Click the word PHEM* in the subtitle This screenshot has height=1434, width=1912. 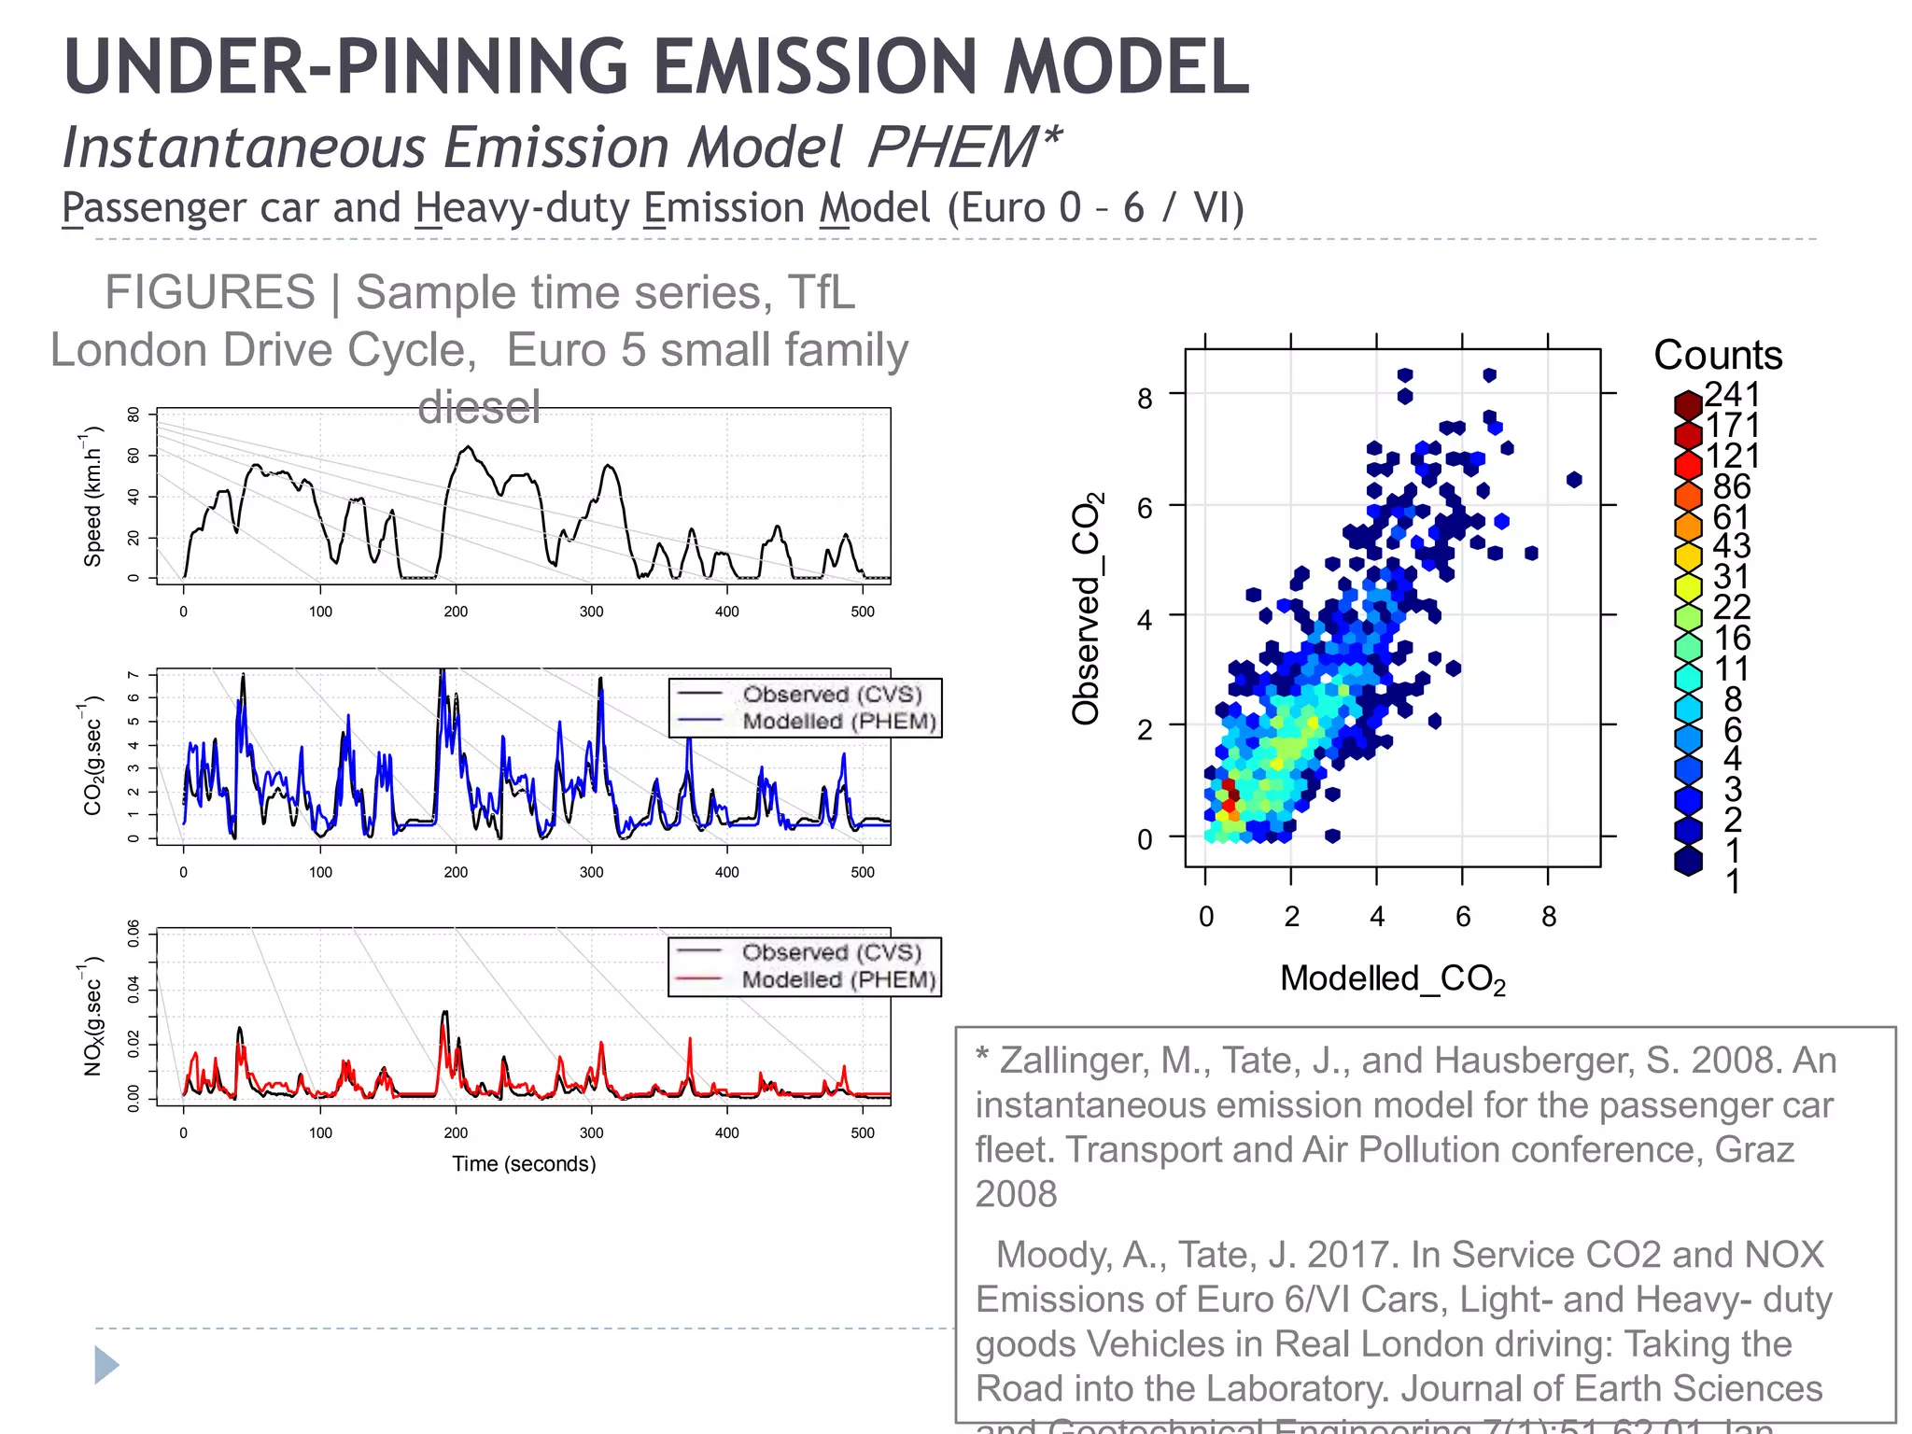pyautogui.click(x=964, y=148)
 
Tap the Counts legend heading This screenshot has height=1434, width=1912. pyautogui.click(x=1718, y=356)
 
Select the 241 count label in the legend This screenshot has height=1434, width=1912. pyautogui.click(x=1732, y=394)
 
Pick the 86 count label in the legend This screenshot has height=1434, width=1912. pyautogui.click(x=1732, y=486)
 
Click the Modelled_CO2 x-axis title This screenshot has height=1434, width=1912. pyautogui.click(x=1392, y=979)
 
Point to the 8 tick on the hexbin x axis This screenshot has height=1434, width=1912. pyautogui.click(x=1549, y=917)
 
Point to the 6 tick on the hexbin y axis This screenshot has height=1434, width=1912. pyautogui.click(x=1146, y=508)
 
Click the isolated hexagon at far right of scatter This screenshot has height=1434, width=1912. pyautogui.click(x=1574, y=480)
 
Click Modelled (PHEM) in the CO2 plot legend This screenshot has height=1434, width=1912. pyautogui.click(x=838, y=722)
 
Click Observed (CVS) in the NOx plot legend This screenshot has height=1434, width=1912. pyautogui.click(x=831, y=952)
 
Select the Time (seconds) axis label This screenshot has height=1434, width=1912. pyautogui.click(x=524, y=1164)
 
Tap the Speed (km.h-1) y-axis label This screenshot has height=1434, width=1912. pyautogui.click(x=92, y=497)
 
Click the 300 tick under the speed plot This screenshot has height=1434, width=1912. pyautogui.click(x=591, y=612)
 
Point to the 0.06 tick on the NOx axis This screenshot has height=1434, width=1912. pyautogui.click(x=134, y=932)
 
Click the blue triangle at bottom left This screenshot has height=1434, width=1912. pyautogui.click(x=106, y=1365)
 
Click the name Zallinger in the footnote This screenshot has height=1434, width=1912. pyautogui.click(x=1072, y=1061)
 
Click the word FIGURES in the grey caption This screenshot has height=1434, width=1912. pyautogui.click(x=210, y=292)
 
